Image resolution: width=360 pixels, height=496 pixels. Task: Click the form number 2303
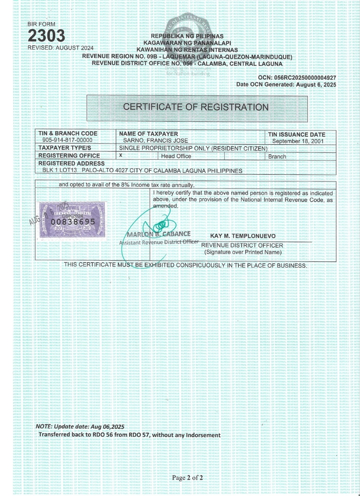pos(46,36)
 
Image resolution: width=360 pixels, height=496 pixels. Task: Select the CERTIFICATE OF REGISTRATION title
pos(195,107)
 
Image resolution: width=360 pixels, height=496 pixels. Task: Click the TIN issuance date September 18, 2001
pos(298,141)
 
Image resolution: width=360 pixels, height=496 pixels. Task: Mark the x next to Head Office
pos(121,155)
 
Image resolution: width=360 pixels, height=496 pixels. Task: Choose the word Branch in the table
pos(277,157)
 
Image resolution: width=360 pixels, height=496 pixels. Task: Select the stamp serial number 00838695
pos(73,221)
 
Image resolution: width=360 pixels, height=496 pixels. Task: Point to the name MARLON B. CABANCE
pos(159,234)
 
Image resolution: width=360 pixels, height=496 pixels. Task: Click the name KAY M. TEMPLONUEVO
pos(245,237)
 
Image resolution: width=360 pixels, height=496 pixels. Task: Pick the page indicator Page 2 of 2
pos(188,478)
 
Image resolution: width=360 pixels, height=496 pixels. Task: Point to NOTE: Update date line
pos(80,427)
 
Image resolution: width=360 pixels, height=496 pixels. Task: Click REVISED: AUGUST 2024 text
pos(61,47)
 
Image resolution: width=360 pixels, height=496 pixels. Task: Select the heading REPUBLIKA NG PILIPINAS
pos(187,36)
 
